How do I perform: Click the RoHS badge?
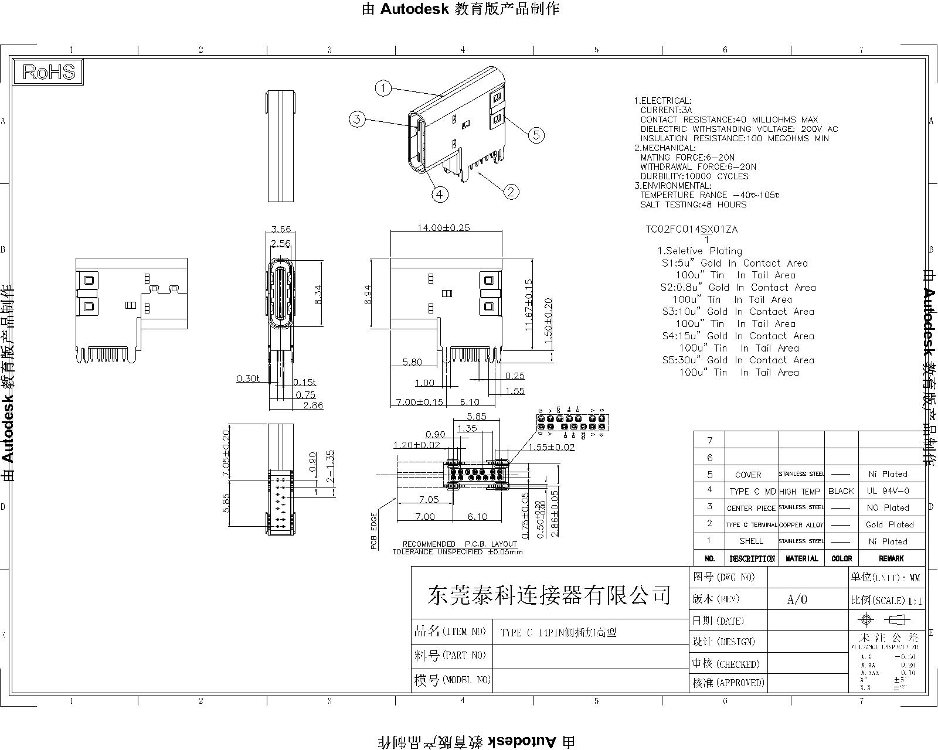(x=49, y=72)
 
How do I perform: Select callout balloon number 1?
(x=383, y=88)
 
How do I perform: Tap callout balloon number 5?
(x=536, y=135)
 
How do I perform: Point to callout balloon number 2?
(x=511, y=191)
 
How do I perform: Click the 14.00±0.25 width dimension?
(x=444, y=227)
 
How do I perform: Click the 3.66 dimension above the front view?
(x=281, y=229)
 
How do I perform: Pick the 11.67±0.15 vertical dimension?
(x=528, y=305)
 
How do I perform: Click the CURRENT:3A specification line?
(x=666, y=110)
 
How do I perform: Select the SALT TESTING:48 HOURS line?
(x=694, y=204)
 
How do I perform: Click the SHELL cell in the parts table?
(x=751, y=541)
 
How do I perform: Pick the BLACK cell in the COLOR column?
(x=841, y=491)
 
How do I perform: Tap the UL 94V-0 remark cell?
(x=891, y=491)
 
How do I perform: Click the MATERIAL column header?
(x=801, y=558)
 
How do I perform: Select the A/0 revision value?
(x=797, y=599)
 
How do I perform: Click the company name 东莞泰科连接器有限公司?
(x=549, y=595)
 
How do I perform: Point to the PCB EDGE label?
(x=373, y=531)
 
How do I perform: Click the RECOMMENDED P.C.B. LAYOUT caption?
(x=460, y=544)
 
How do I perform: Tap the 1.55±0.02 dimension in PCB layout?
(x=551, y=447)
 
